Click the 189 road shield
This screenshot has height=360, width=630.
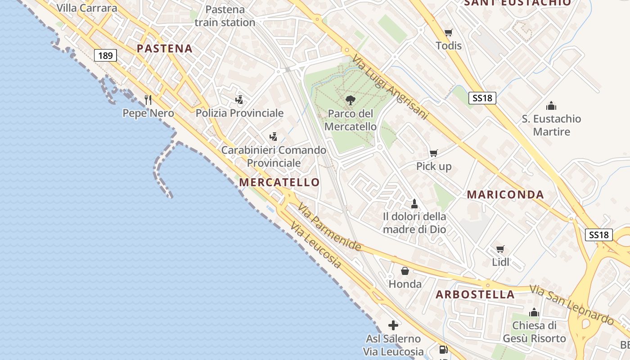point(105,55)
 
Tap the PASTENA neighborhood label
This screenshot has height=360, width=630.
point(165,49)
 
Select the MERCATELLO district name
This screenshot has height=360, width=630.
point(279,182)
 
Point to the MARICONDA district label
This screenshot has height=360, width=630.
point(505,195)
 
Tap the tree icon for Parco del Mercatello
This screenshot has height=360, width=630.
point(350,100)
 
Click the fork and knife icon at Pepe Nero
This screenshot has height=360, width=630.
point(148,99)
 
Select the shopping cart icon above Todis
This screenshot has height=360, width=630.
point(448,32)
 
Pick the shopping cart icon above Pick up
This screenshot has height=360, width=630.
point(433,153)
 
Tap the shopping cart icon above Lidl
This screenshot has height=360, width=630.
point(500,249)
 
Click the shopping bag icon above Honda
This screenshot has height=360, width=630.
point(405,271)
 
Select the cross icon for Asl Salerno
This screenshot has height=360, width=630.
point(393,325)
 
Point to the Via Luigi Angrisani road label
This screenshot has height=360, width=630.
point(390,87)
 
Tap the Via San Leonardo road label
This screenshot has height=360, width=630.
point(571,305)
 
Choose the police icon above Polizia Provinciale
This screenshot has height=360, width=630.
point(239,100)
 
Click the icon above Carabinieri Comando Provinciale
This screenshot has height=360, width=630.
point(273,137)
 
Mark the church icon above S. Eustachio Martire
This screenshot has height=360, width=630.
point(551,106)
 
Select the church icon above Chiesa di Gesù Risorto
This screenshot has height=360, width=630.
point(534,312)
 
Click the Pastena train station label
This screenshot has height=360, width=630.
point(225,16)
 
